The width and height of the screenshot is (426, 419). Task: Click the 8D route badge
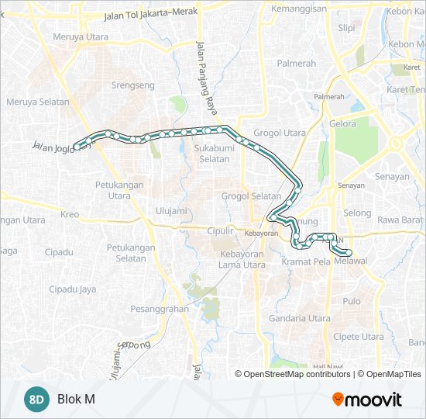[x=36, y=400]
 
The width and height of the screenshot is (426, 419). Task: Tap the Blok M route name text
[x=76, y=400]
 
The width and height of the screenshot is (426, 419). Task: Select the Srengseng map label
[x=133, y=85]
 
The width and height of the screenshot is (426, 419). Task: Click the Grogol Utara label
[x=279, y=133]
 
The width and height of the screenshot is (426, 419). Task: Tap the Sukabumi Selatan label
[x=211, y=153]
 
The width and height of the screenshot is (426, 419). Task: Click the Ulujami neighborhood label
[x=171, y=210]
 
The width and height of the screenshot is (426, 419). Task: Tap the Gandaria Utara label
[x=298, y=318]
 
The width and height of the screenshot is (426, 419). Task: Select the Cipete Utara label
[x=357, y=337]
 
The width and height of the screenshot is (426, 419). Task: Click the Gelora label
[x=342, y=123]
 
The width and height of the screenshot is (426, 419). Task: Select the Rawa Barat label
[x=399, y=220]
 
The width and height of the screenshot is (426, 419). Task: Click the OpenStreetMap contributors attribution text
[x=297, y=374]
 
